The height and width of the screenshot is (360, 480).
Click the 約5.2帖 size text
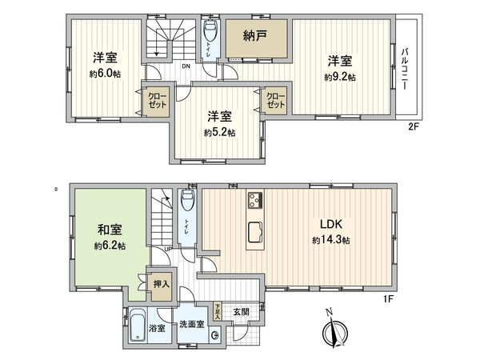click(218, 132)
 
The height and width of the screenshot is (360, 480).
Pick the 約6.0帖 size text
click(104, 72)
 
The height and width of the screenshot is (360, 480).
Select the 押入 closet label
click(161, 284)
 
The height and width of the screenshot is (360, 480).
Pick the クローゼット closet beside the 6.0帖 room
click(157, 102)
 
